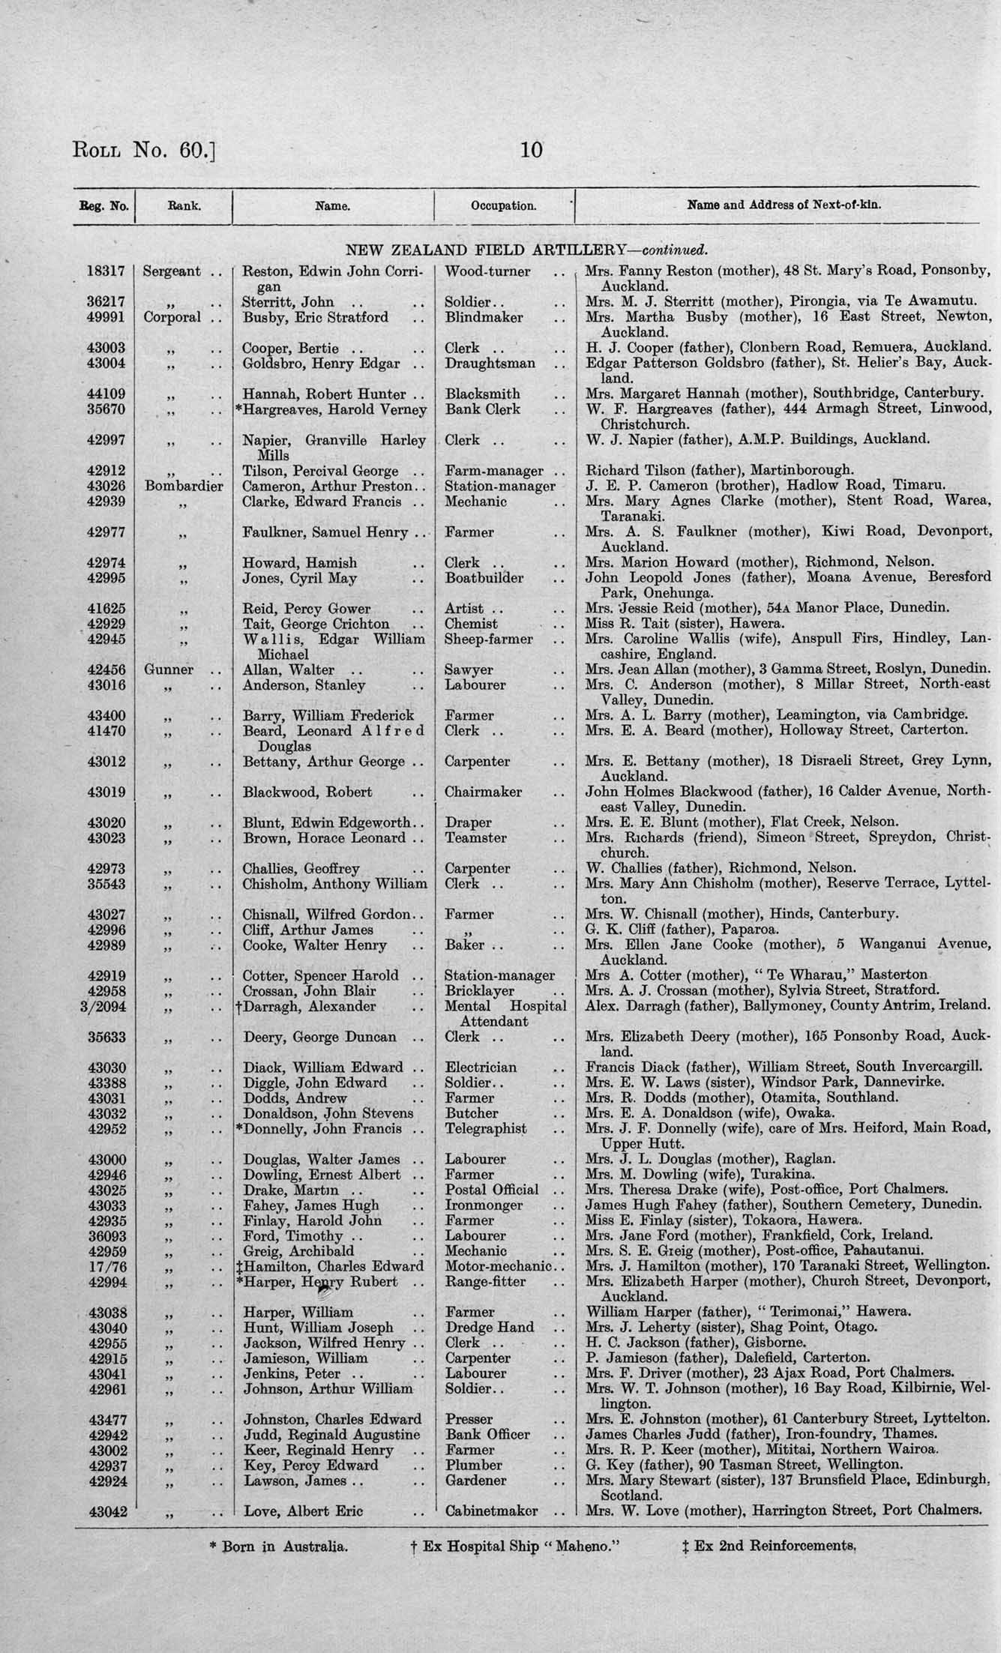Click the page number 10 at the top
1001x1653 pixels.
point(530,150)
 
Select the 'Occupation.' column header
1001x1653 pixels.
point(503,205)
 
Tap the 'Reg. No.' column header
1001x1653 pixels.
point(103,205)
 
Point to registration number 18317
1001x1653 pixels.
point(106,271)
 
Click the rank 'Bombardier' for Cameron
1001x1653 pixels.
point(184,486)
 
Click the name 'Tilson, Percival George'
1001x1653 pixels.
point(320,471)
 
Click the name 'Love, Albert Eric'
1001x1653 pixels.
point(303,1511)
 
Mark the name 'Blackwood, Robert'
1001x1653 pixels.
point(307,792)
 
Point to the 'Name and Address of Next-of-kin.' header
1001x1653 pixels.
point(784,205)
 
